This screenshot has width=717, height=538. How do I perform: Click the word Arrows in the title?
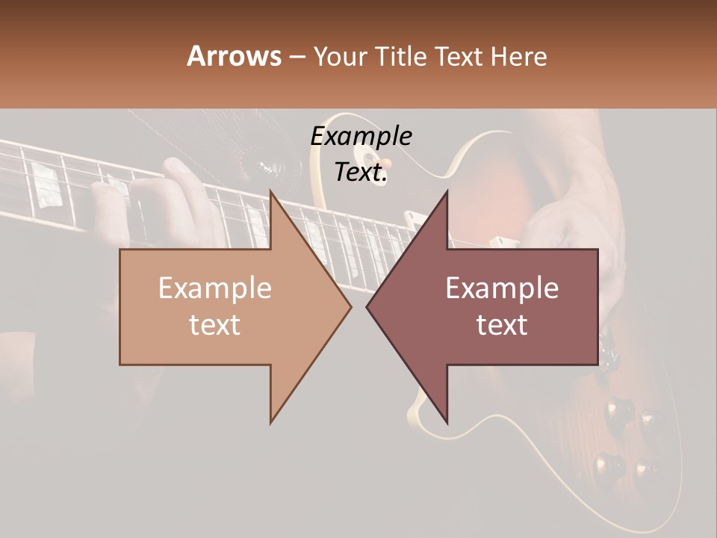pos(234,56)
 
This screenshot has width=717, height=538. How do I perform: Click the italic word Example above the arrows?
pos(361,136)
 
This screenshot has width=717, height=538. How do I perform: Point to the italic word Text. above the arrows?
pos(361,172)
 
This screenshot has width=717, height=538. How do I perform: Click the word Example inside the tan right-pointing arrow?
pos(215,288)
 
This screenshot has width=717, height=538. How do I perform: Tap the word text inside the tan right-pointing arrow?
pos(215,325)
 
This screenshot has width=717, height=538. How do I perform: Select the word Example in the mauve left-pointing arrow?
pos(502,288)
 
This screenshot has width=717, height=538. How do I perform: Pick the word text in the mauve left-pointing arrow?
pos(502,325)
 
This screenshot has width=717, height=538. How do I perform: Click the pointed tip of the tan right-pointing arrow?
pos(351,306)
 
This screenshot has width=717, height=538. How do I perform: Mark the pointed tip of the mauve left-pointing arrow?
pos(367,306)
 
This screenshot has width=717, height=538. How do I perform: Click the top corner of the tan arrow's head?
pos(270,191)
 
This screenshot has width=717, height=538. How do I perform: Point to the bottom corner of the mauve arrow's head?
pos(447,422)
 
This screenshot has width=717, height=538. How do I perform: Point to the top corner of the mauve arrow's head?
pos(447,191)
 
